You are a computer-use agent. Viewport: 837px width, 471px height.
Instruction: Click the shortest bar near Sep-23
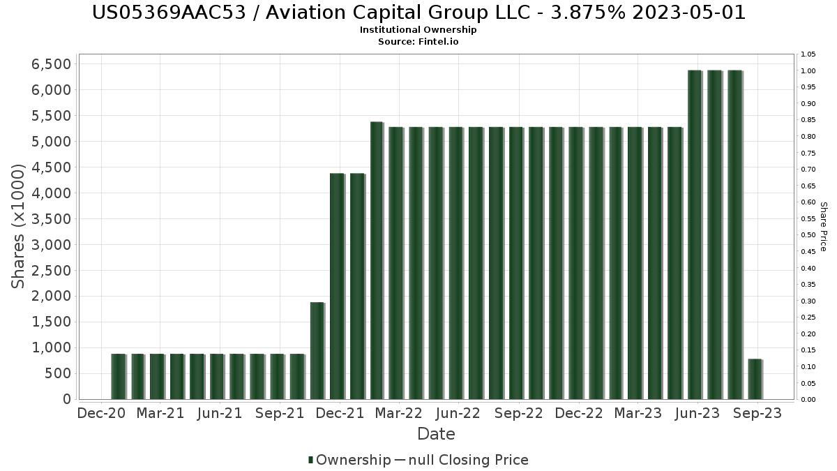(755, 379)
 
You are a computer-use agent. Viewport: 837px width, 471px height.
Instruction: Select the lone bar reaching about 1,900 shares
(317, 350)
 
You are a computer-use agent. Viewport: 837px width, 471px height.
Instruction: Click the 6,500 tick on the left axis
(52, 64)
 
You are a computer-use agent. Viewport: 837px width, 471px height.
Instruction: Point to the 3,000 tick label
(52, 245)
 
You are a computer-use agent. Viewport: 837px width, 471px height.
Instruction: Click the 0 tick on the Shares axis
(66, 399)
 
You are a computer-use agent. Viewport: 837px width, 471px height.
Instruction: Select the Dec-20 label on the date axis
(101, 413)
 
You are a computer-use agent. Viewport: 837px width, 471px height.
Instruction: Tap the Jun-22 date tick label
(458, 413)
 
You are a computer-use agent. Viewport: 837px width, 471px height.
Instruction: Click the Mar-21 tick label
(160, 413)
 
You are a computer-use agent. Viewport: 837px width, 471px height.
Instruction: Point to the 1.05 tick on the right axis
(808, 54)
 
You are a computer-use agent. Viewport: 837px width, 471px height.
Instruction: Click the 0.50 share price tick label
(808, 235)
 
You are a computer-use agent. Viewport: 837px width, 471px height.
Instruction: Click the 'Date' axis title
(436, 434)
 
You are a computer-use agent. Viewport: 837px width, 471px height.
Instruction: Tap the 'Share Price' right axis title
(823, 226)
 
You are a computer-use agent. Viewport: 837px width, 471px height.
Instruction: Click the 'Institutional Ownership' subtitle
(418, 30)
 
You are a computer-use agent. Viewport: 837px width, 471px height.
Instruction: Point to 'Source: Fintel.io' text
(418, 42)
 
